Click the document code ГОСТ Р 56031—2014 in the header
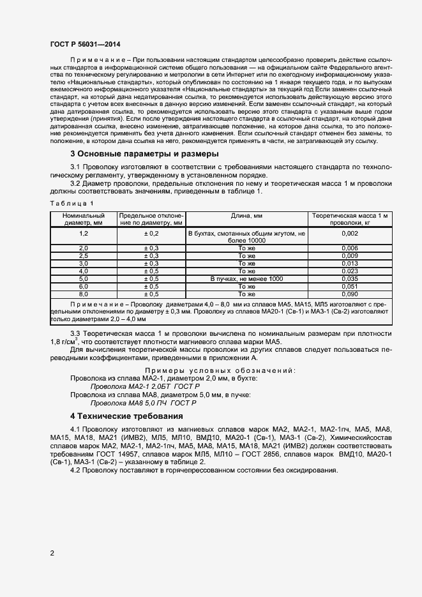pyautogui.click(x=84, y=44)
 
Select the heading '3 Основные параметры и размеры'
pyautogui.click(x=144, y=154)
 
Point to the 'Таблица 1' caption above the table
pyautogui.click(x=72, y=203)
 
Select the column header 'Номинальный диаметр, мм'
pyautogui.click(x=83, y=220)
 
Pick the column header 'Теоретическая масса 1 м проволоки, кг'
pyautogui.click(x=349, y=220)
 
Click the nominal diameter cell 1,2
pyautogui.click(x=83, y=234)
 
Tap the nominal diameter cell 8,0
pyautogui.click(x=83, y=294)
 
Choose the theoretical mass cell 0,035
pyautogui.click(x=349, y=278)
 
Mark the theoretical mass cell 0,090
pyautogui.click(x=349, y=294)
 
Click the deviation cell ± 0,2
pyautogui.click(x=151, y=234)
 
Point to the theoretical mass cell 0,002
pyautogui.click(x=349, y=234)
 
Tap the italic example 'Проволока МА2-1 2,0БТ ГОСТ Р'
pyautogui.click(x=146, y=387)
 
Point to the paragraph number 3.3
pyautogui.click(x=76, y=334)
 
